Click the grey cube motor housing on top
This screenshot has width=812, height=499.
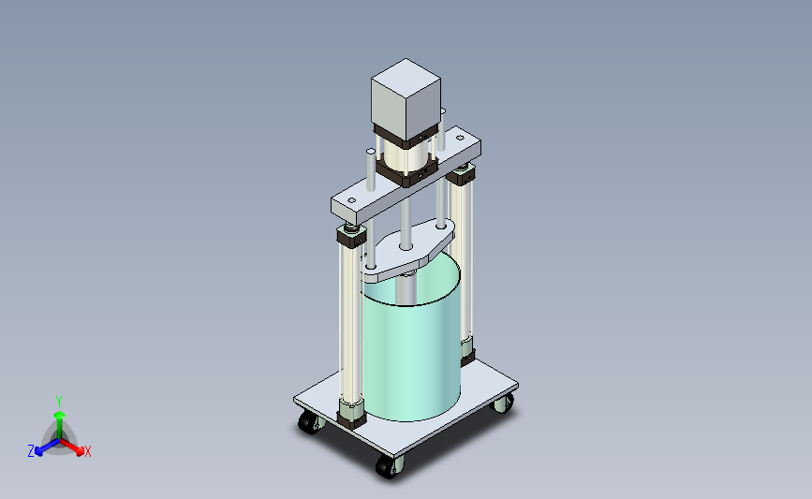click(406, 98)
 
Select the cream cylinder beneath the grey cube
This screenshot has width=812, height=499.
click(406, 156)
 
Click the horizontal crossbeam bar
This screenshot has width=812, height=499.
click(406, 176)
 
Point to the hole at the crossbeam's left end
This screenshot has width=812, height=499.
click(351, 200)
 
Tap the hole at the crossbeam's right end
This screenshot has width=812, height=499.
click(460, 138)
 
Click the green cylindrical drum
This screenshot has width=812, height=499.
click(410, 342)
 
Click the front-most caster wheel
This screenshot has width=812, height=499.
click(389, 466)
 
